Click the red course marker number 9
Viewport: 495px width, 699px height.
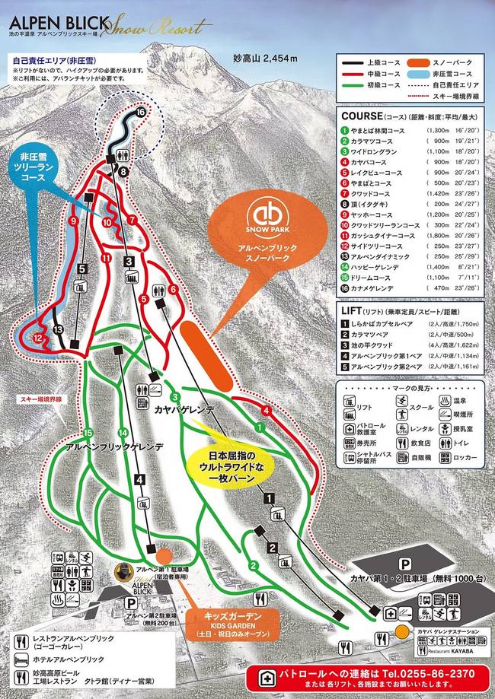pos(74,221)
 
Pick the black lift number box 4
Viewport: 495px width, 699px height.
pos(139,479)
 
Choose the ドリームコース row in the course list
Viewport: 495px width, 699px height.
pos(412,278)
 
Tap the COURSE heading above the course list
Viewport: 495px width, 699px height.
pos(362,116)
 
